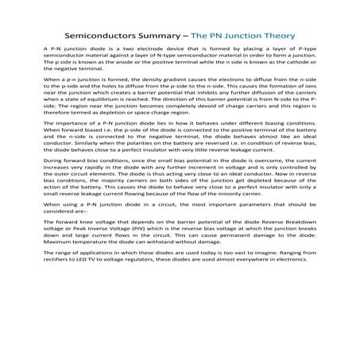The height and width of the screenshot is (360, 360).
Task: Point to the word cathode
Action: click(x=296, y=69)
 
